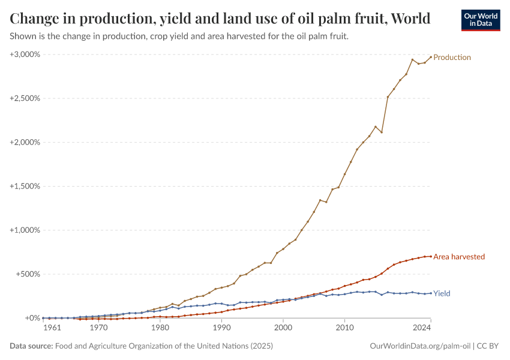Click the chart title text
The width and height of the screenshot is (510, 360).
pyautogui.click(x=220, y=19)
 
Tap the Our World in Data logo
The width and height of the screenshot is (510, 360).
pyautogui.click(x=481, y=20)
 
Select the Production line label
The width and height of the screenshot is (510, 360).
pyautogui.click(x=452, y=58)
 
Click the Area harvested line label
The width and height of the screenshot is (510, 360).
pyautogui.click(x=458, y=257)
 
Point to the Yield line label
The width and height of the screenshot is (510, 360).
pyautogui.click(x=442, y=293)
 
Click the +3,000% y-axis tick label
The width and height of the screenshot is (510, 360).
pyautogui.click(x=25, y=55)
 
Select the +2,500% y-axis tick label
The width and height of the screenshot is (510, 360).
pyautogui.click(x=25, y=98)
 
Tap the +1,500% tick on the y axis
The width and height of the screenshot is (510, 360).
pyautogui.click(x=25, y=186)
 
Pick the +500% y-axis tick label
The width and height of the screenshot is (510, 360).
pyautogui.click(x=27, y=274)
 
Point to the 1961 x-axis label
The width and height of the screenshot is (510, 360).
pyautogui.click(x=52, y=328)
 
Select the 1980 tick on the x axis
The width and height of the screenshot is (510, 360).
pyautogui.click(x=160, y=328)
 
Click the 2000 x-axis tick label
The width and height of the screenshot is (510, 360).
pyautogui.click(x=283, y=328)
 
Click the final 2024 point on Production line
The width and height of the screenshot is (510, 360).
pyautogui.click(x=431, y=57)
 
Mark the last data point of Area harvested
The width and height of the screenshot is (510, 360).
pyautogui.click(x=431, y=256)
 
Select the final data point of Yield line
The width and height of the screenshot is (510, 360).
pyautogui.click(x=431, y=293)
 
